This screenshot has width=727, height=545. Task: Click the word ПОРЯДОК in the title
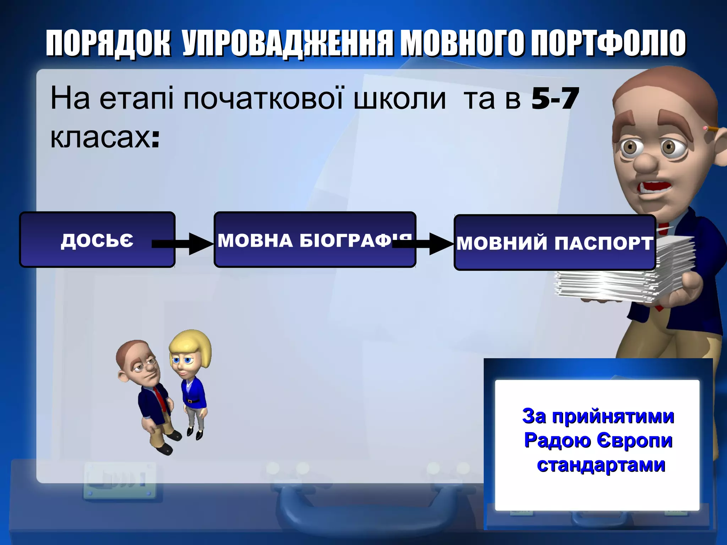[108, 43]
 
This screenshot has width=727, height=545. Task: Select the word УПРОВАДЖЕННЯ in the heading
[288, 43]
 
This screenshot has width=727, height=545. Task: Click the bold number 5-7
[555, 99]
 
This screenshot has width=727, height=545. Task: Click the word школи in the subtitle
[399, 99]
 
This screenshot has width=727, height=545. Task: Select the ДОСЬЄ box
[97, 240]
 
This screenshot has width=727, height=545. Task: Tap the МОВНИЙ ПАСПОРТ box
[554, 243]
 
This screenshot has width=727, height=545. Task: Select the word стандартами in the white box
[601, 465]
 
